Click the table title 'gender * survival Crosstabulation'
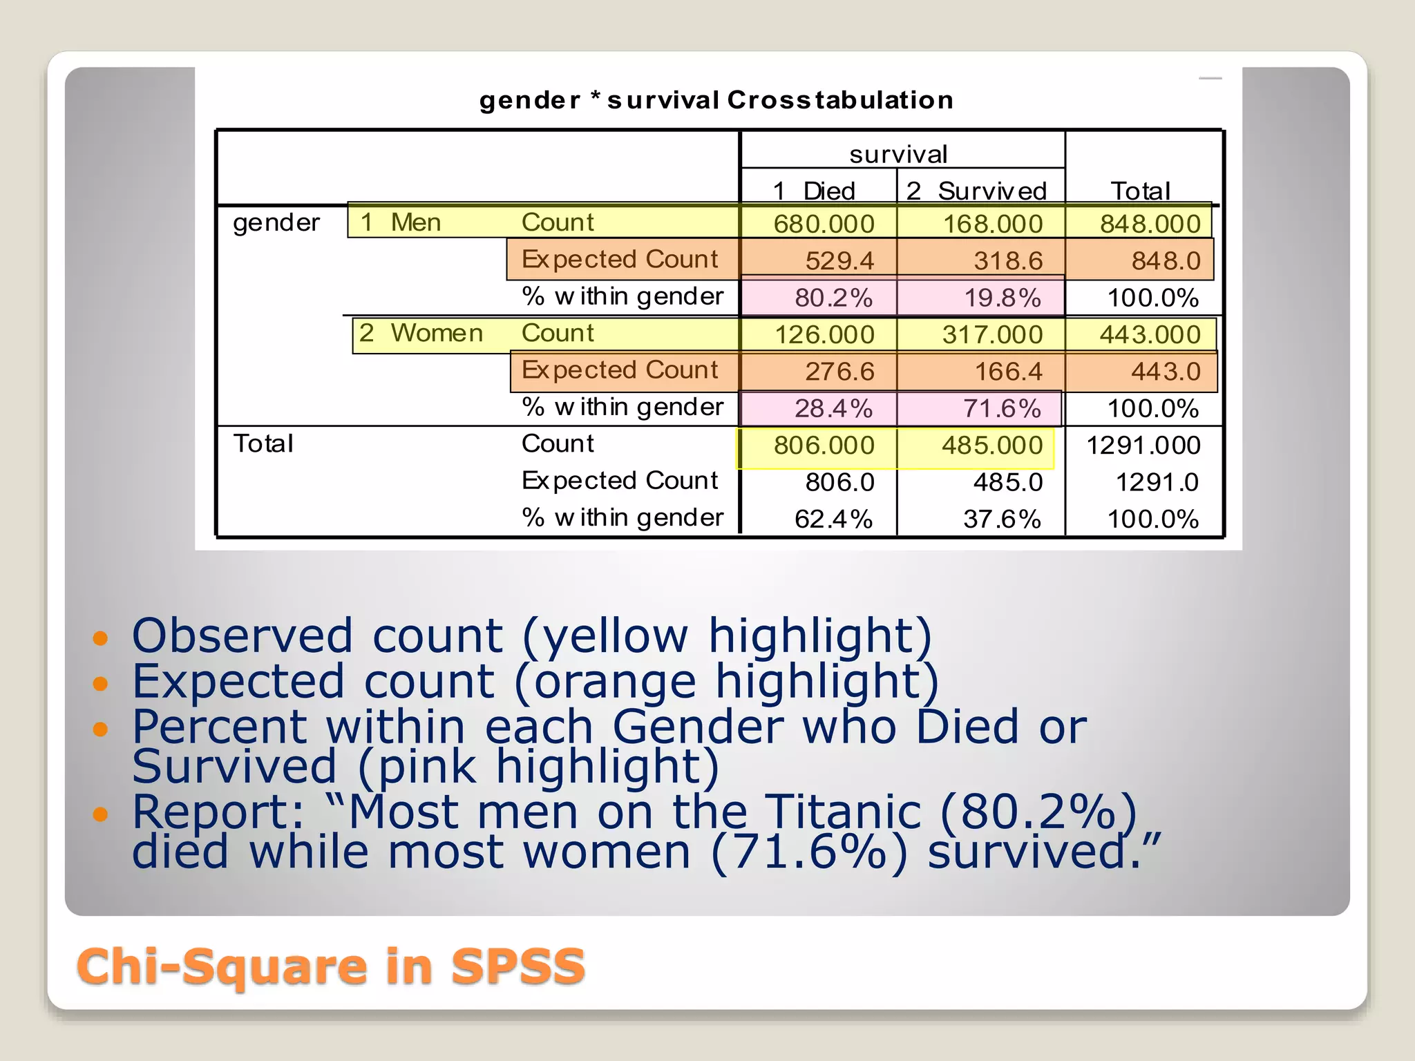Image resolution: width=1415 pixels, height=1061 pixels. [x=716, y=100]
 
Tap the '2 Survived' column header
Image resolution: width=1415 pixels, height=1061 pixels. [x=976, y=191]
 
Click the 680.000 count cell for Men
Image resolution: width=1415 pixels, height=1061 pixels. [x=824, y=224]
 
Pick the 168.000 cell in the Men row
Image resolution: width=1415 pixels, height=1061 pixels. [x=993, y=224]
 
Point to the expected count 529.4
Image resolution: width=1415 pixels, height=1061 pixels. [x=839, y=260]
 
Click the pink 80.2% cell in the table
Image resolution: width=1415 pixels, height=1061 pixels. [x=833, y=298]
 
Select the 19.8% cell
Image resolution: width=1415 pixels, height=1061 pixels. [x=1002, y=298]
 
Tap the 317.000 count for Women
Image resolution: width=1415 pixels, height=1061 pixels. [x=992, y=334]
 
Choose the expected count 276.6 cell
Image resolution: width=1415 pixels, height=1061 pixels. [x=839, y=372]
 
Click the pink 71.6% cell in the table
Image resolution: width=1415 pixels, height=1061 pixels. [x=1002, y=408]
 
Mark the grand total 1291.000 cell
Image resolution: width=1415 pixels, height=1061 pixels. [x=1143, y=446]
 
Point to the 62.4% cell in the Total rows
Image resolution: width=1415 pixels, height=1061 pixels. [x=833, y=519]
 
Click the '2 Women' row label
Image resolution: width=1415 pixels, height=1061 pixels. [x=421, y=333]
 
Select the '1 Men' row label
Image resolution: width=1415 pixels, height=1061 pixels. [x=401, y=222]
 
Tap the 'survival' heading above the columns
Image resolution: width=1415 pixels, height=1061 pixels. [x=898, y=154]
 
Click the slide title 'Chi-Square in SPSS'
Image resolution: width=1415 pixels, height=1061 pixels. [x=331, y=966]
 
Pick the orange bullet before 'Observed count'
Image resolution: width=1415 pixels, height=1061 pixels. [x=101, y=637]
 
